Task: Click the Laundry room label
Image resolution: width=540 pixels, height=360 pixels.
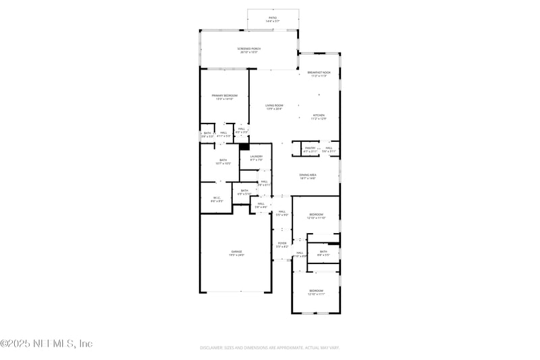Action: click(x=256, y=158)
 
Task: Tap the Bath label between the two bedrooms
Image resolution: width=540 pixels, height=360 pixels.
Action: click(x=323, y=253)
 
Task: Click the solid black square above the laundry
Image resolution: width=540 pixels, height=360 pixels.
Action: click(x=244, y=146)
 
